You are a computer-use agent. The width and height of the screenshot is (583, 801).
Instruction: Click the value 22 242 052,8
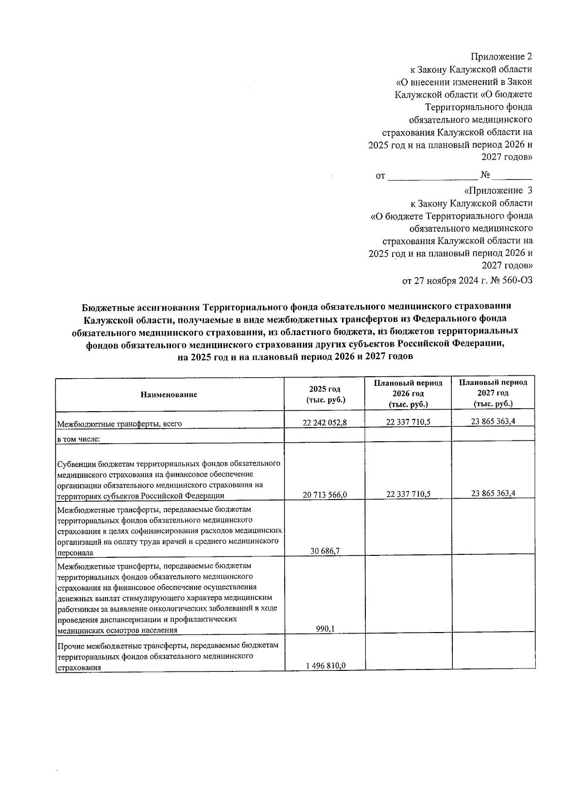(324, 422)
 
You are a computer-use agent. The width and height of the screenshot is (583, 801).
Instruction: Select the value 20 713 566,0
(324, 495)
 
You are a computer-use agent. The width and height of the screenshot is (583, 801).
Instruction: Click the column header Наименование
(169, 395)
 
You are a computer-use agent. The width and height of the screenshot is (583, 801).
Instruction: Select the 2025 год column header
(325, 395)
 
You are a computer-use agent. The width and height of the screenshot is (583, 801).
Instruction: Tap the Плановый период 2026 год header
(408, 394)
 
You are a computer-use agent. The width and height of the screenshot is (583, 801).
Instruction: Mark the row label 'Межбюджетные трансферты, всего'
(120, 424)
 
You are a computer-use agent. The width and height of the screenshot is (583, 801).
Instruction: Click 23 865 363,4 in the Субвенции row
(493, 493)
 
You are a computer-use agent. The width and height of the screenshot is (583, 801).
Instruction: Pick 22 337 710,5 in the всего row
(408, 422)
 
